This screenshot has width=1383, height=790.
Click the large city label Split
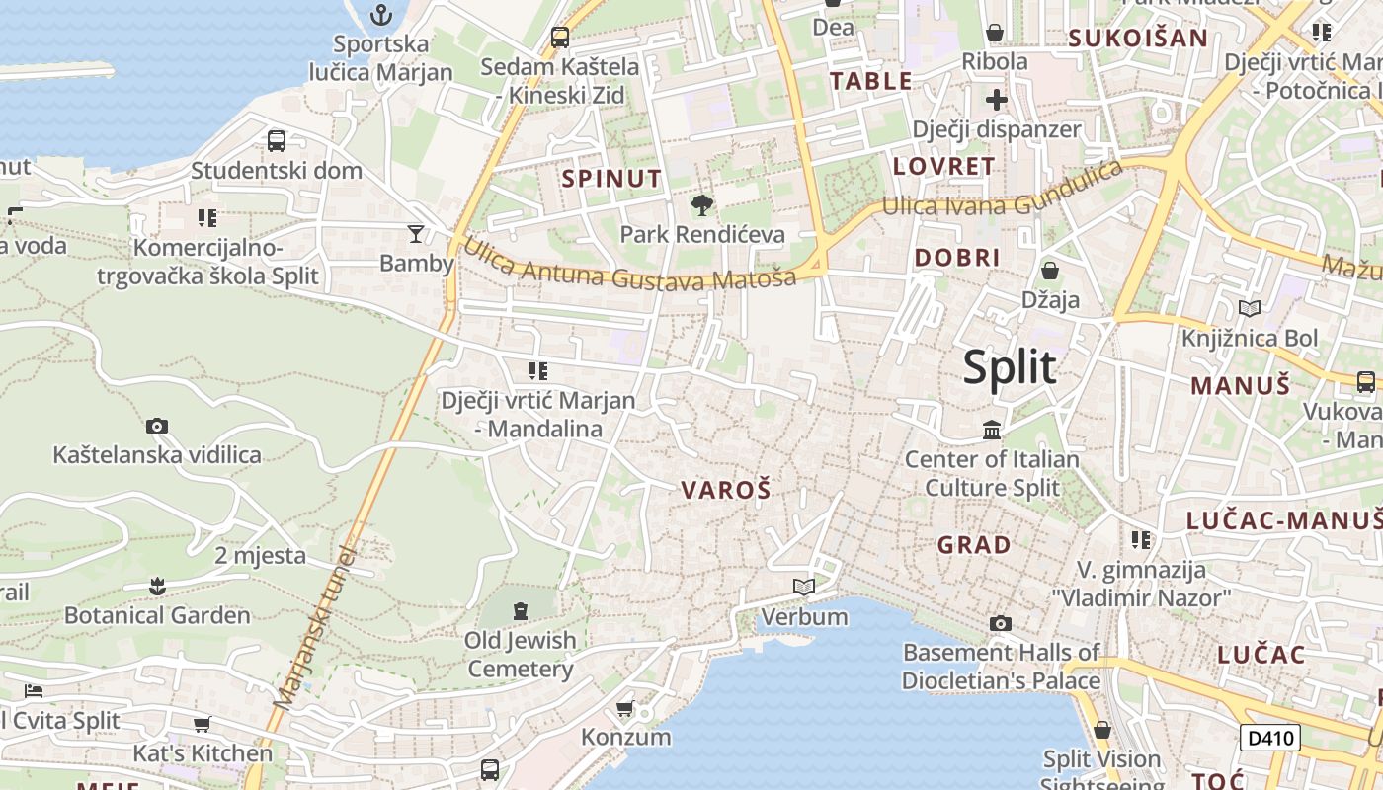click(1010, 367)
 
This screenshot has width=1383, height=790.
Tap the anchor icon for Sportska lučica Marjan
click(380, 15)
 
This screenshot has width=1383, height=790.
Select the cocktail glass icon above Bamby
click(416, 233)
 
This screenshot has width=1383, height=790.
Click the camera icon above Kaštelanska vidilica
click(156, 427)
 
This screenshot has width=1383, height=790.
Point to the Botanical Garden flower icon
click(156, 587)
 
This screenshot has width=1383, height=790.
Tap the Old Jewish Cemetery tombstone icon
click(521, 610)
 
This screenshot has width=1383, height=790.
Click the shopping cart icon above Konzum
click(624, 708)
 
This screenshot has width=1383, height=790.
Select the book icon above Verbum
click(804, 588)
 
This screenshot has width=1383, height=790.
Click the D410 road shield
click(1269, 738)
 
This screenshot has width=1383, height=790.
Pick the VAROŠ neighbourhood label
click(725, 489)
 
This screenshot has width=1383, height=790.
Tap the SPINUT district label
click(611, 179)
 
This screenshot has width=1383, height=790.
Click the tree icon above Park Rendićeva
click(701, 205)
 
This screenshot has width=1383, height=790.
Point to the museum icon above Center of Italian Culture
click(992, 431)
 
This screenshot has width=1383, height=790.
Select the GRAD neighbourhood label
click(973, 544)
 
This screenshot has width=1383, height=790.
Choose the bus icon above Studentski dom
click(277, 141)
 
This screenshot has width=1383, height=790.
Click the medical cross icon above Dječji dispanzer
click(996, 100)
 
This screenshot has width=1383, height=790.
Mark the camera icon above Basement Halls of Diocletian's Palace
click(1001, 623)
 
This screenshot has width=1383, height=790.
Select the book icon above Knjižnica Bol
click(1250, 309)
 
